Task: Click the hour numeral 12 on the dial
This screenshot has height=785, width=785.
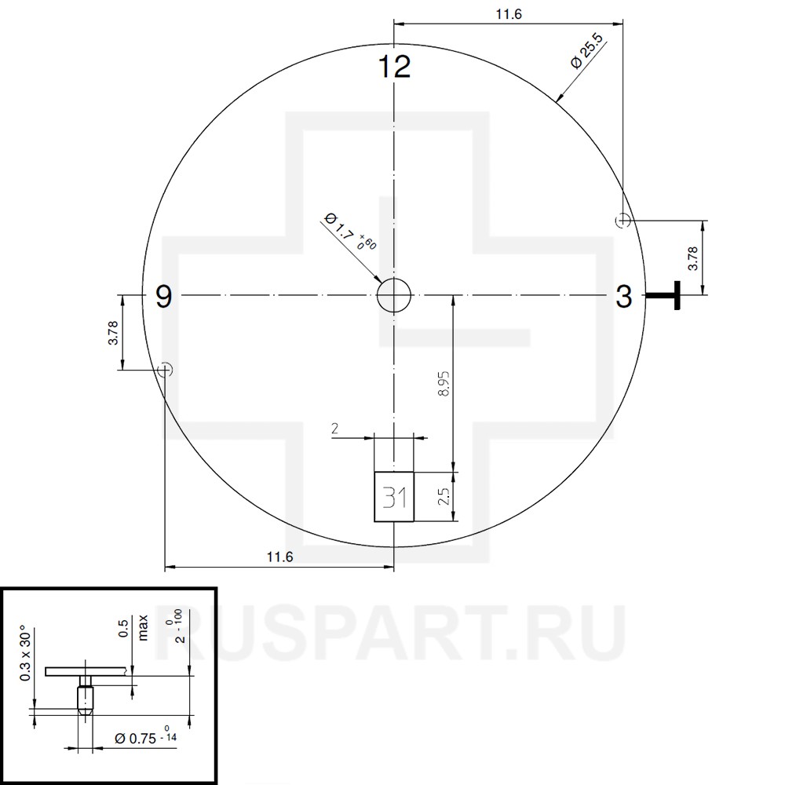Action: (395, 67)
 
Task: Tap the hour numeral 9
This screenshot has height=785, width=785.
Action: (164, 297)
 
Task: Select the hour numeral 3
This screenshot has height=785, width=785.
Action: (624, 297)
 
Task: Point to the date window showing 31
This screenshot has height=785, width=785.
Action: (394, 497)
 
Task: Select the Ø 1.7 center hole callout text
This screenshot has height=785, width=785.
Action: (350, 232)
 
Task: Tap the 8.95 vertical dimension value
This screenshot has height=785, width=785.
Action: (444, 384)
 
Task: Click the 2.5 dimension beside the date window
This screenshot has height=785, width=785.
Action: (444, 497)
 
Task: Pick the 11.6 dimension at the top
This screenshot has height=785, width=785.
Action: (509, 14)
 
